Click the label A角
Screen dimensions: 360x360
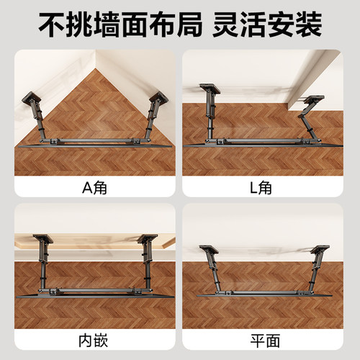[96, 188]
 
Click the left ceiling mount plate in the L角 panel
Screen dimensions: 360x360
[210, 89]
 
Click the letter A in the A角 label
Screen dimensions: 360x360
[87, 188]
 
